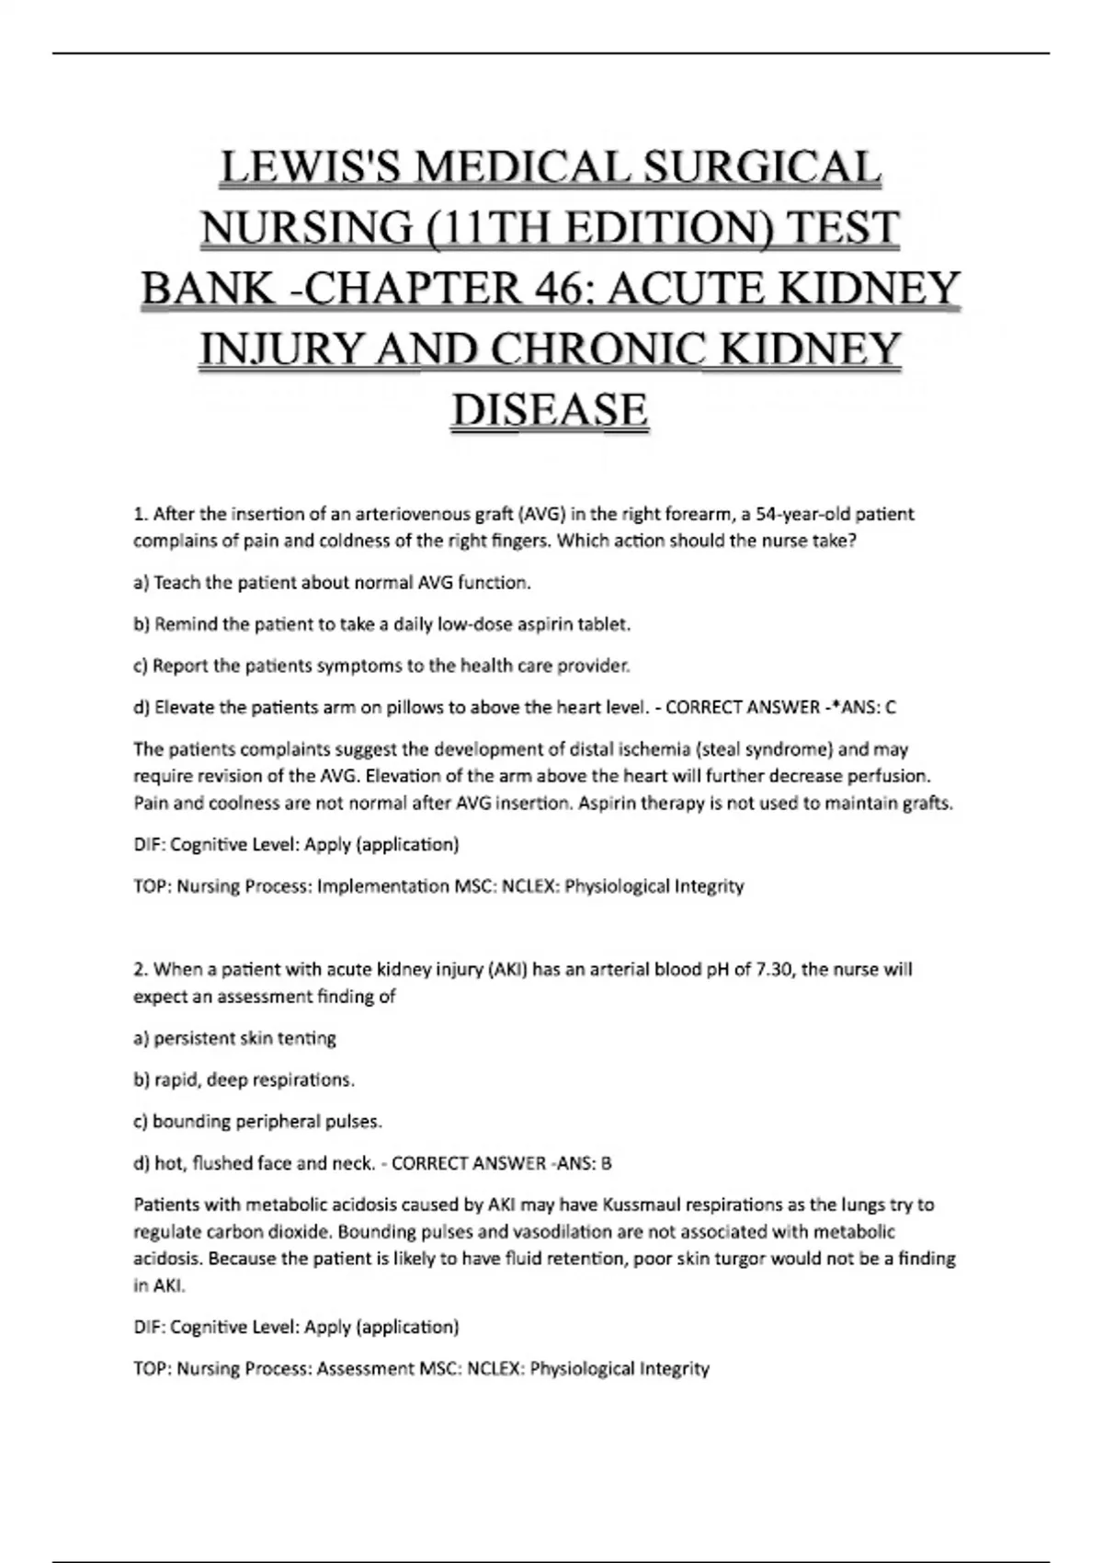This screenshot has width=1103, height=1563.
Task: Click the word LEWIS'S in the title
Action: click(x=303, y=168)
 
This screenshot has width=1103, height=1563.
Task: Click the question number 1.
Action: click(x=140, y=514)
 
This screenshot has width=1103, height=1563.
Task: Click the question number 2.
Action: click(x=141, y=969)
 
